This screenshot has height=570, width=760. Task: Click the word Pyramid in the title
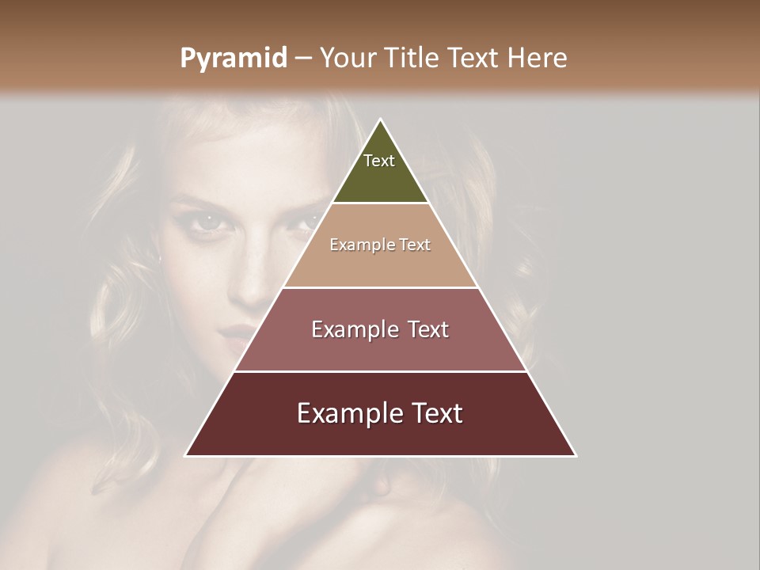tap(233, 59)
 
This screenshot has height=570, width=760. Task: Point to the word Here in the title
tap(538, 59)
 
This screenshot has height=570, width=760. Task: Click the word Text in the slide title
tap(474, 59)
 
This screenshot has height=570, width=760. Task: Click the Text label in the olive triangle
tap(379, 161)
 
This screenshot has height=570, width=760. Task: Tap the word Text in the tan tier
tap(415, 245)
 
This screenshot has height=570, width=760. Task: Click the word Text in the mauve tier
tap(427, 329)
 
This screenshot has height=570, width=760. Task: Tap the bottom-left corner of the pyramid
tap(186, 455)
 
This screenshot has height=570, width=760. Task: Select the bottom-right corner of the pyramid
tap(576, 455)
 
